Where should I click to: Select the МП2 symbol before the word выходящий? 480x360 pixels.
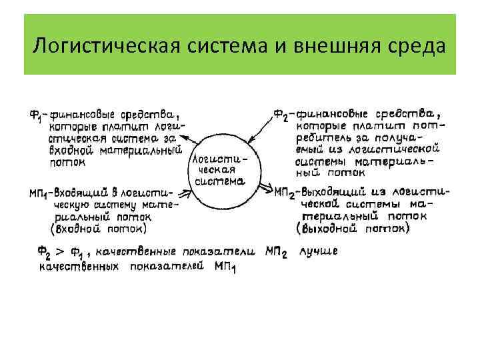pyautogui.click(x=285, y=192)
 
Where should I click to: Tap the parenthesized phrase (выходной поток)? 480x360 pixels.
pyautogui.click(x=353, y=228)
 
